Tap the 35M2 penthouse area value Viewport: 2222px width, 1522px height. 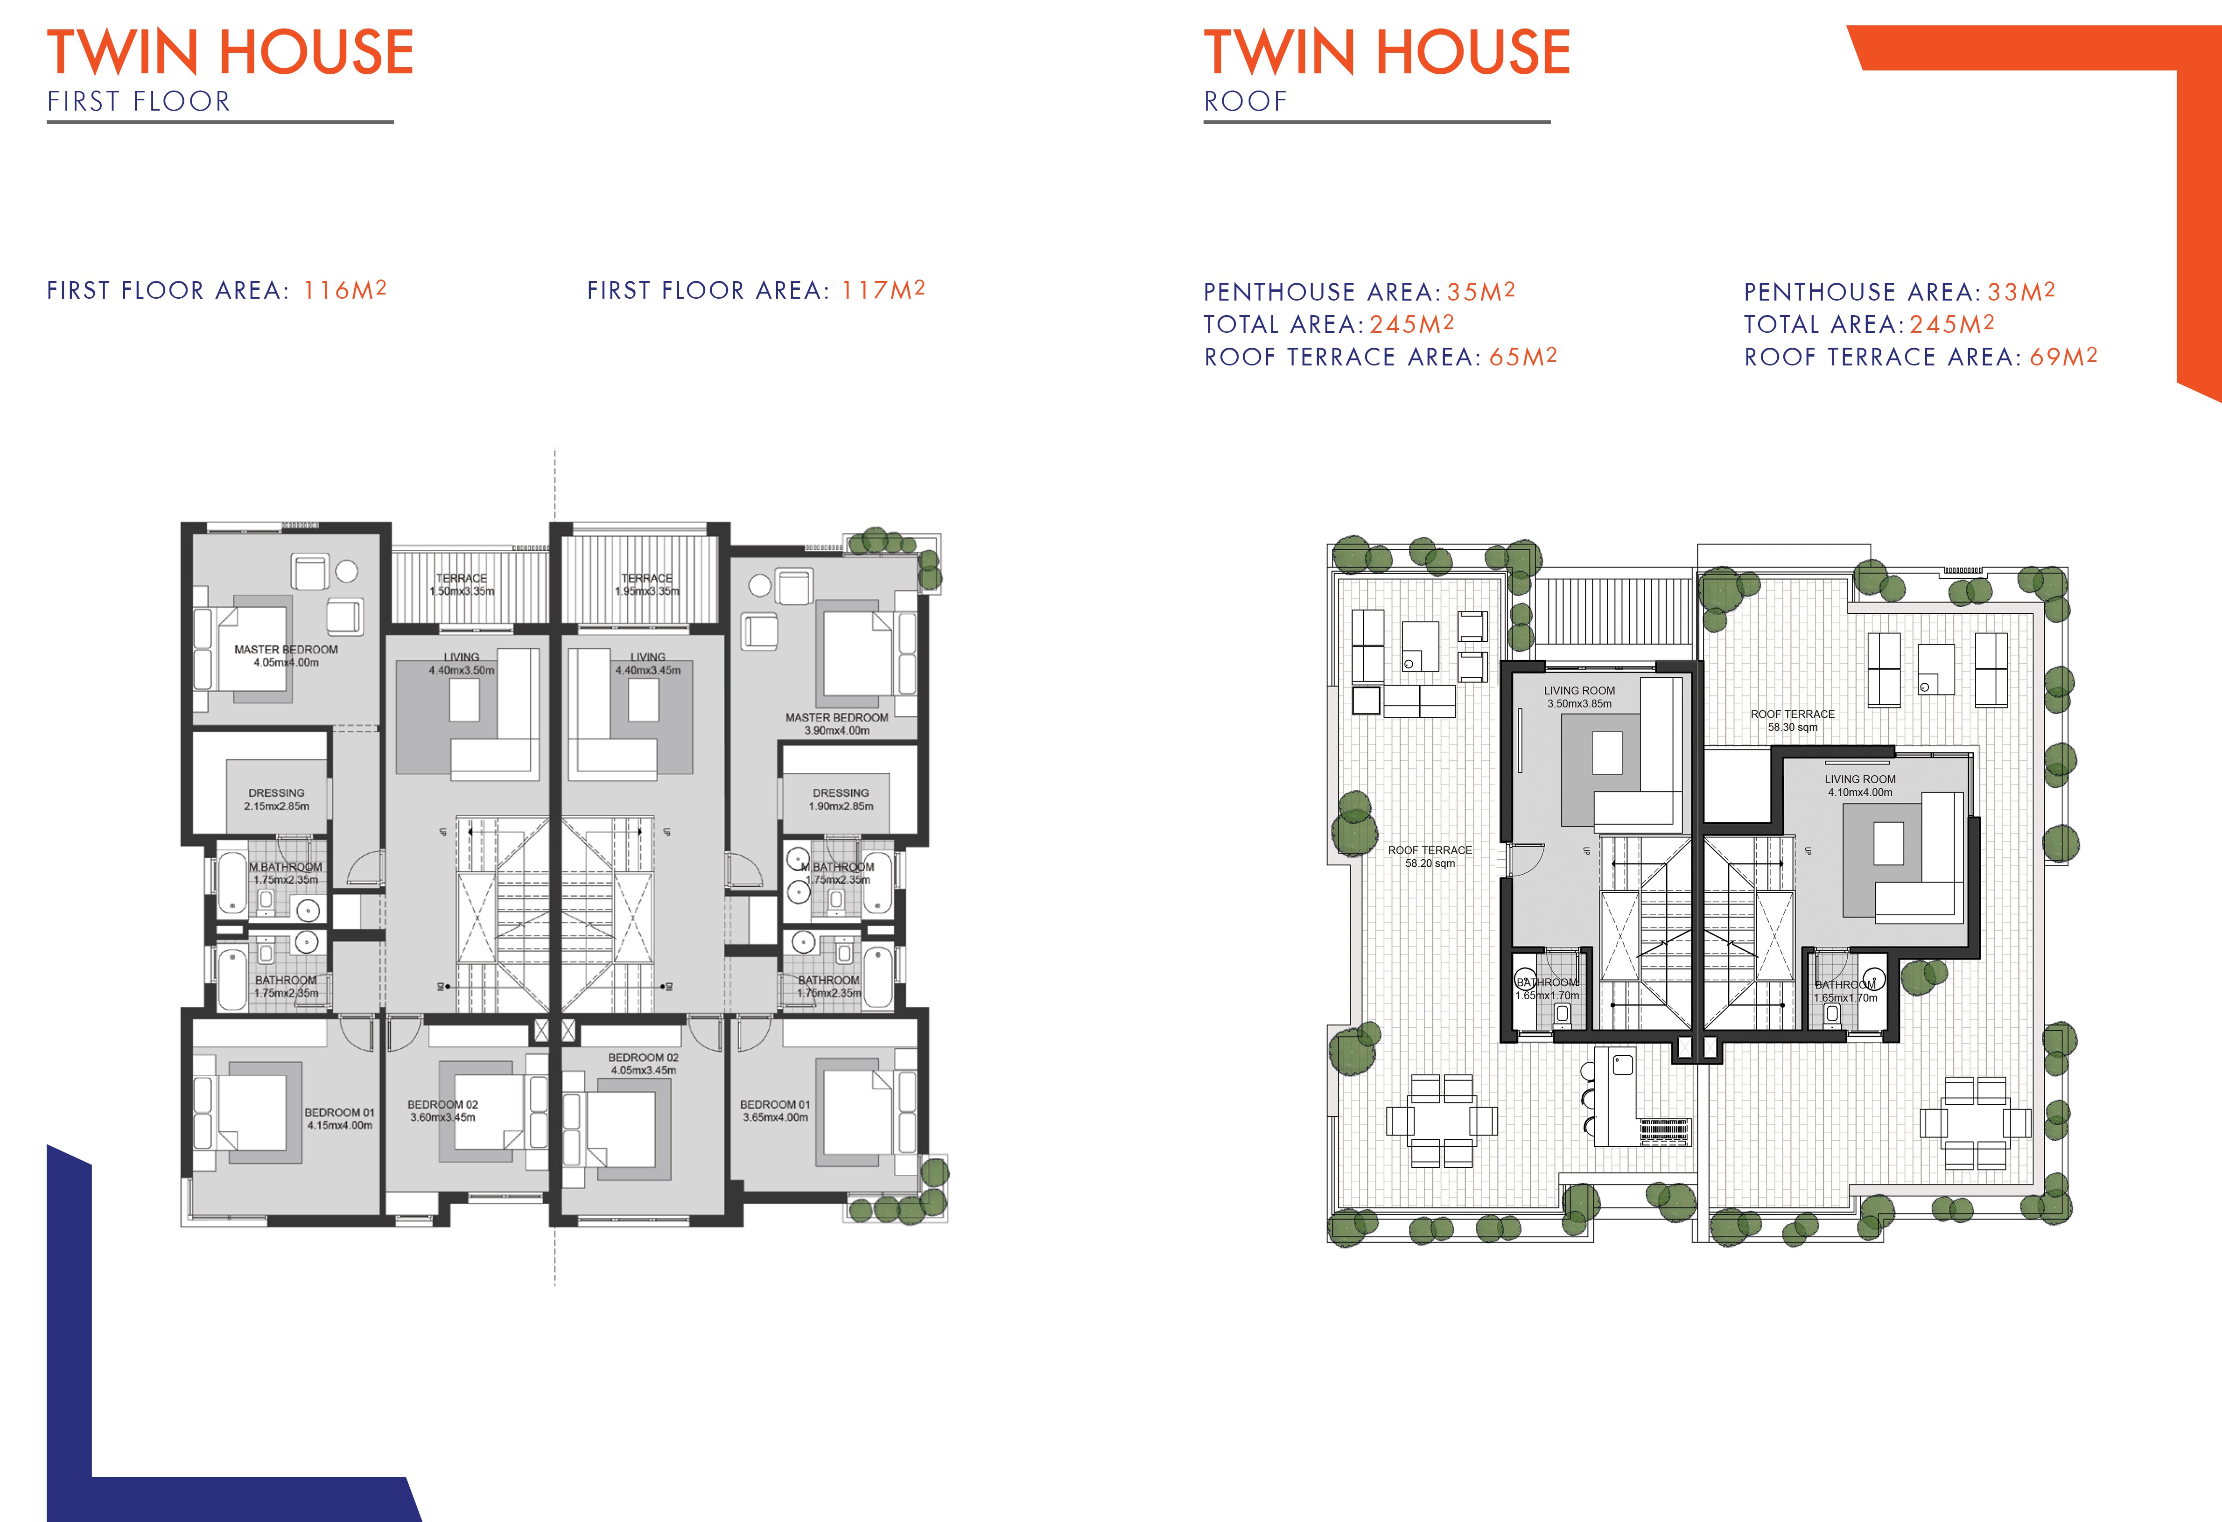click(x=1481, y=292)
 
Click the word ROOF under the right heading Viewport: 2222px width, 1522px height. click(x=1245, y=101)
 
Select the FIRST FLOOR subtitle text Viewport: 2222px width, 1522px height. click(x=139, y=101)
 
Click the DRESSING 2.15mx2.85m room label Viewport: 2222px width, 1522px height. click(x=276, y=799)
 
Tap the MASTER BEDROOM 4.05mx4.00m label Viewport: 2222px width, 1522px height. click(x=286, y=656)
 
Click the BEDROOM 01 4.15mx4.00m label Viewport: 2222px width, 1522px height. click(x=339, y=1119)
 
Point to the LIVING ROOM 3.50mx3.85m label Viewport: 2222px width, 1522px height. click(x=1579, y=697)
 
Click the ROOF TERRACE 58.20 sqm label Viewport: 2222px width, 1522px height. click(x=1430, y=856)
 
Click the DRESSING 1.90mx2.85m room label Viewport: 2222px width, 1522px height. click(x=841, y=799)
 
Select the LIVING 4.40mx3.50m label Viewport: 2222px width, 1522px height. click(x=462, y=664)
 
